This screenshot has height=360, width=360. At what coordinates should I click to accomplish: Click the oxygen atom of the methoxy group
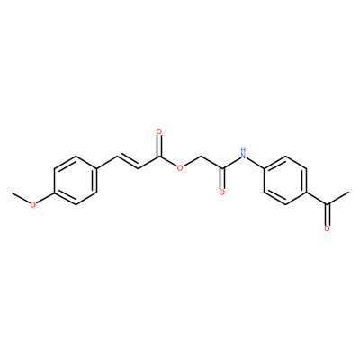(33, 204)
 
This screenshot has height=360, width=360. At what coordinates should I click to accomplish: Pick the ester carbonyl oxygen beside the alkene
(159, 131)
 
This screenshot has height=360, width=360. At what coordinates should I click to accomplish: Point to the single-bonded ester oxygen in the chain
(180, 168)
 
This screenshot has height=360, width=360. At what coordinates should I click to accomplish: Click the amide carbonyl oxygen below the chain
(222, 193)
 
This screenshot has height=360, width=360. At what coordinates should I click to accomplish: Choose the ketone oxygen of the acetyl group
(327, 229)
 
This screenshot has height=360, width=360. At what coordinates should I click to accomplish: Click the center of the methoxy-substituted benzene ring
(75, 180)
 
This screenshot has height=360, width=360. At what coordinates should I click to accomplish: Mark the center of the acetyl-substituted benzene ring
(285, 180)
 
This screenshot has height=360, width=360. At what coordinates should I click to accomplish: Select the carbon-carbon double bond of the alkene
(128, 162)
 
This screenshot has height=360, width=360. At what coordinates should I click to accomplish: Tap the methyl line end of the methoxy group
(12, 193)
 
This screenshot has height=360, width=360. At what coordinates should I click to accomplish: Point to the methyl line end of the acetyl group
(348, 193)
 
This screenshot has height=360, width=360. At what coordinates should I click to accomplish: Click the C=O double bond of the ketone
(327, 215)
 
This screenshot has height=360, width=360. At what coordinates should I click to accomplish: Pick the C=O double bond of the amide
(222, 178)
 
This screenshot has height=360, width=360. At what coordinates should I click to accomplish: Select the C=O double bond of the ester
(159, 146)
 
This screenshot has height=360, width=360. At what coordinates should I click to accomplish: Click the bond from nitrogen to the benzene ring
(256, 163)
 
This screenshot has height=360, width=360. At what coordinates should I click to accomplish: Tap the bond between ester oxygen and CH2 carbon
(193, 162)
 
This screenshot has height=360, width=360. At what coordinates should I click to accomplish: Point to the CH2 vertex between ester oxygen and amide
(201, 157)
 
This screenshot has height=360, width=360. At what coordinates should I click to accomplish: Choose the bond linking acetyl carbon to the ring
(317, 199)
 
